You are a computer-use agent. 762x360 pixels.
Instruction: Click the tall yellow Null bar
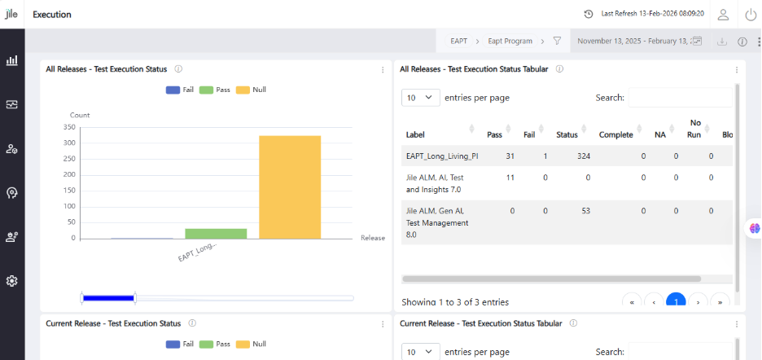point(290,187)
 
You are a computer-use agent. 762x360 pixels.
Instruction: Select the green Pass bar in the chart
point(216,234)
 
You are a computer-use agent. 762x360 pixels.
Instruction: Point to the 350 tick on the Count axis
point(69,127)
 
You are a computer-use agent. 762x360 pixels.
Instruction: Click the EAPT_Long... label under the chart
point(197,252)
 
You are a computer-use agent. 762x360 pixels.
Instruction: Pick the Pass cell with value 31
point(510,156)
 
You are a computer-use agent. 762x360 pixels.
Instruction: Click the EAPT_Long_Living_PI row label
point(442,156)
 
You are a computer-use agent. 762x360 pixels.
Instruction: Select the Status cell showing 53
point(585,211)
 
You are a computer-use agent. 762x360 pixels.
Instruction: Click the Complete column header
point(615,134)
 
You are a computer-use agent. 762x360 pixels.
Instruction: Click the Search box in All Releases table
point(681,97)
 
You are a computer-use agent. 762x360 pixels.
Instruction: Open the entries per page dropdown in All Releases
point(421,97)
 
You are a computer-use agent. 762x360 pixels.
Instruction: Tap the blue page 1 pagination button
point(676,301)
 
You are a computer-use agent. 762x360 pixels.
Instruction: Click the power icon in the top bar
point(751,15)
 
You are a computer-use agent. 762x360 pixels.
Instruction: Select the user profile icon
point(723,15)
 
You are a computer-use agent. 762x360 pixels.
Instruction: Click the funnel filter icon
point(557,41)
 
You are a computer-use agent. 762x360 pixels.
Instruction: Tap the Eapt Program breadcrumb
point(510,41)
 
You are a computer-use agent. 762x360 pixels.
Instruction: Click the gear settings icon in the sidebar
point(12,281)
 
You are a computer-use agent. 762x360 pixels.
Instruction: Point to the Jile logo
point(11,14)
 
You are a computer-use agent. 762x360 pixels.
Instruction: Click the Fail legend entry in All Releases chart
point(180,90)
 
